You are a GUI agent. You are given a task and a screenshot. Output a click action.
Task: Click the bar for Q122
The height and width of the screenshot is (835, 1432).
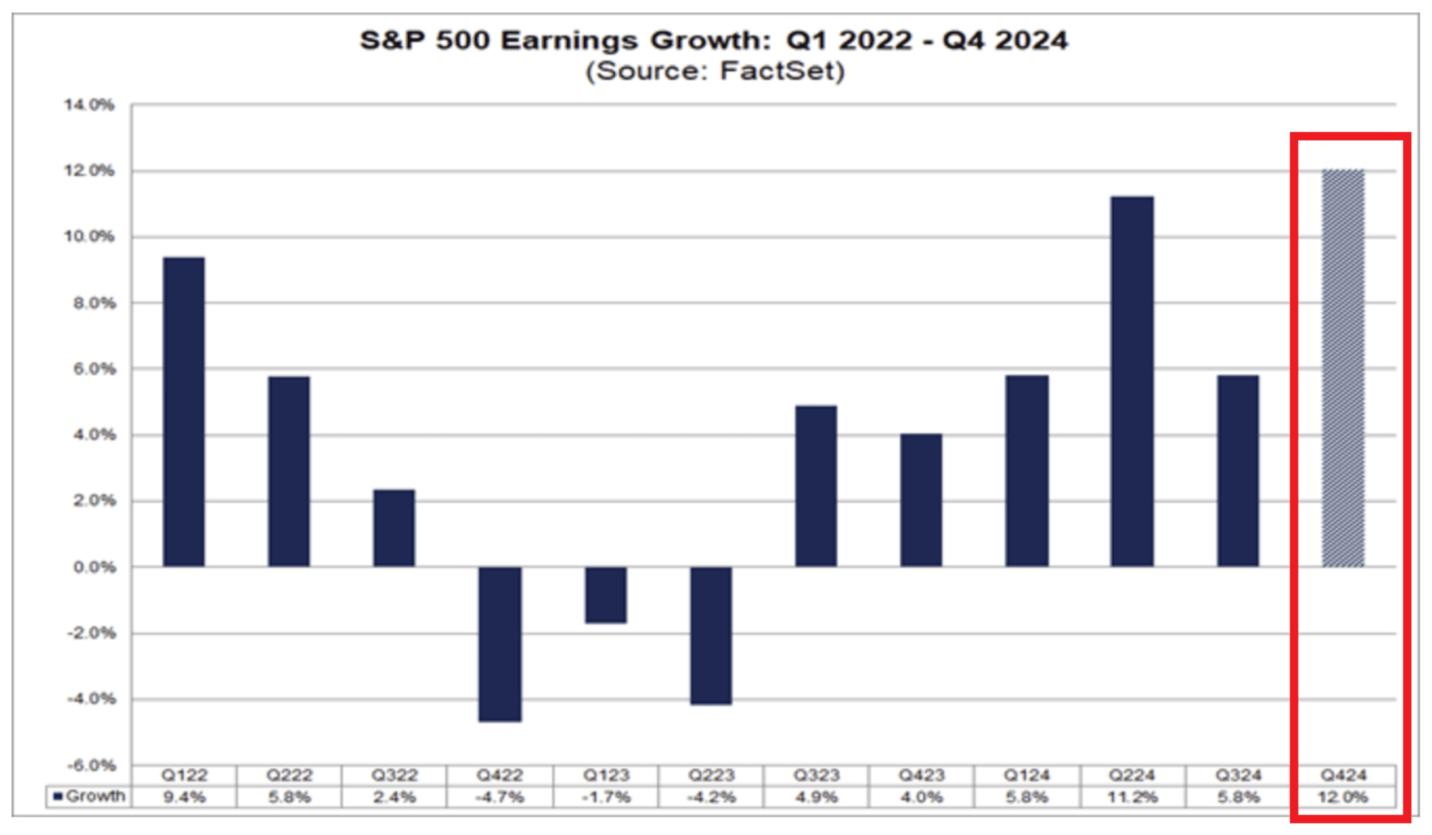(x=184, y=412)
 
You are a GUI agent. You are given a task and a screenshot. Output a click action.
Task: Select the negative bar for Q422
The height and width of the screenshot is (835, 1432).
(x=500, y=644)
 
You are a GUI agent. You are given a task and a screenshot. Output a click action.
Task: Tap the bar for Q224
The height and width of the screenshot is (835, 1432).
(x=1132, y=381)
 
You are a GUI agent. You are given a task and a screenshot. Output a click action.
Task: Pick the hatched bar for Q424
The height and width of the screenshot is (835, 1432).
(x=1343, y=368)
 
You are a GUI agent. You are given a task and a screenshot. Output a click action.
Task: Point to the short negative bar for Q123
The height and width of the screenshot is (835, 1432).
(x=606, y=595)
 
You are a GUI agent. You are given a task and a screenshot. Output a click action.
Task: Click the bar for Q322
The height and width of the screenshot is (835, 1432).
(x=394, y=528)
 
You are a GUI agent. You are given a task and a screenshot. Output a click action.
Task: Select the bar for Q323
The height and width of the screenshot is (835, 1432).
(x=816, y=486)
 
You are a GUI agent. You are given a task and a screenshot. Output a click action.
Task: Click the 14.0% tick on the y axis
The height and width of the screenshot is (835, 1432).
(x=89, y=105)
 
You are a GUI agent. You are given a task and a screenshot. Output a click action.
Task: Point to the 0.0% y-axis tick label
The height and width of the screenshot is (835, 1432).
(x=94, y=567)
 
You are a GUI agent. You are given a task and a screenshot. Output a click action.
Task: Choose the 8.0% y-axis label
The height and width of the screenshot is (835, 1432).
(x=94, y=303)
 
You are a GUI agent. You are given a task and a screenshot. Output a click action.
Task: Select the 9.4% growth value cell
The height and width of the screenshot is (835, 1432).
(x=184, y=797)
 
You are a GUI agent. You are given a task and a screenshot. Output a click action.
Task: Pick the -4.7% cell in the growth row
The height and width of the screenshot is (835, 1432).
(x=500, y=797)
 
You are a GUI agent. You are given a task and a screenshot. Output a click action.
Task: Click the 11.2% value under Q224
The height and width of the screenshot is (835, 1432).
(x=1132, y=797)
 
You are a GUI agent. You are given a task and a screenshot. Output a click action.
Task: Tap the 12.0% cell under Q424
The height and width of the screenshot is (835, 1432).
(x=1343, y=797)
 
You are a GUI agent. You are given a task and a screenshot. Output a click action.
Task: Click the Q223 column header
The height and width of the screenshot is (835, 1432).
(x=711, y=775)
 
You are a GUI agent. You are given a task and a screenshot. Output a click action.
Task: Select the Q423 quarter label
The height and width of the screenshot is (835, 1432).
(x=921, y=775)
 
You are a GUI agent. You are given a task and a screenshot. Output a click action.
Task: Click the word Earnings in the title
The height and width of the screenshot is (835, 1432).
(x=570, y=41)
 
